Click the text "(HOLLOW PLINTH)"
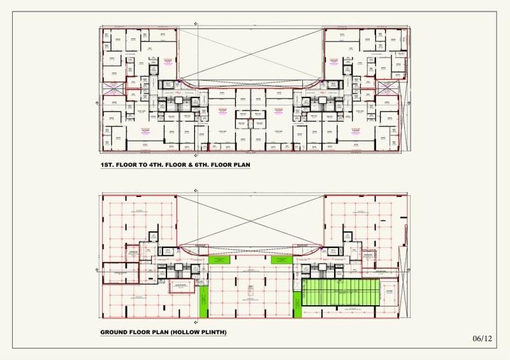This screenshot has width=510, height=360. click(x=200, y=333)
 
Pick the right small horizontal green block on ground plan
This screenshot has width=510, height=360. click(x=281, y=260)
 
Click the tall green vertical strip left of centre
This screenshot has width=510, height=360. click(x=204, y=301)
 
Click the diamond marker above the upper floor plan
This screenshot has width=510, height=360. click(x=196, y=24)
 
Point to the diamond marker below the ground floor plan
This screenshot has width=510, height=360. click(x=196, y=321)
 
